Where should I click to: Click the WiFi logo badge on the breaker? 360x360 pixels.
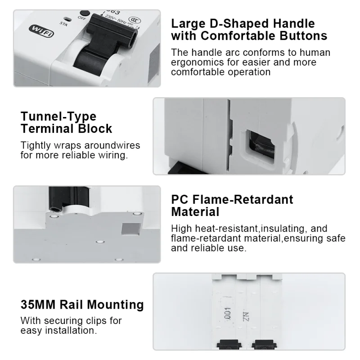41,31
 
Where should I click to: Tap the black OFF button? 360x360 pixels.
85,13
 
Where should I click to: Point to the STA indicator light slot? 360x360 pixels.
67,19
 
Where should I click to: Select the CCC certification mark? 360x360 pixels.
134,20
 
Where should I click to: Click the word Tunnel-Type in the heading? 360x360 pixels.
58,117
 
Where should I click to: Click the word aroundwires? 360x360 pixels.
112,145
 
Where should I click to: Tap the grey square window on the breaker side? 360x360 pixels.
131,229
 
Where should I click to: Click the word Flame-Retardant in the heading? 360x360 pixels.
243,199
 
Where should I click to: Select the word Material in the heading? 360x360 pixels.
195,211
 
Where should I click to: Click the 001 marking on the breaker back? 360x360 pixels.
228,313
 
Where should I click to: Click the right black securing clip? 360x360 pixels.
264,345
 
